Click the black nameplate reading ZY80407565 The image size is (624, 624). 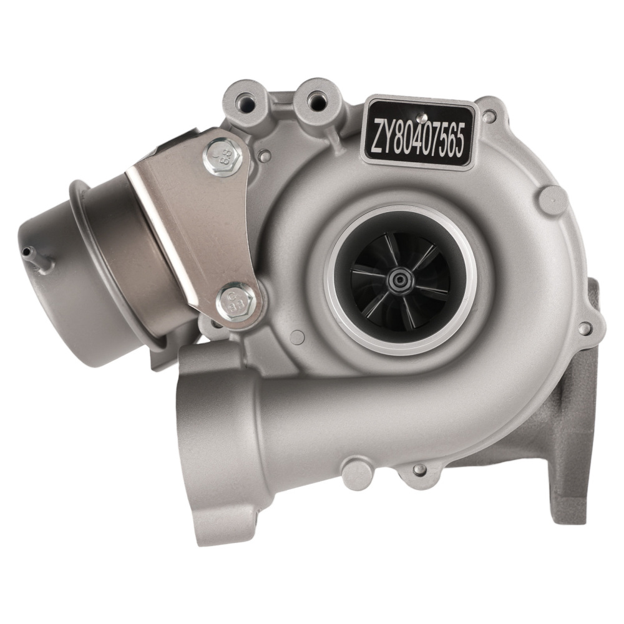[x=419, y=133]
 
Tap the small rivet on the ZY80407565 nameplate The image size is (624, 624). [x=422, y=116]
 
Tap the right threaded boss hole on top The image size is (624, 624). [x=317, y=98]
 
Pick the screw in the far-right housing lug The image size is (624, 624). [x=584, y=327]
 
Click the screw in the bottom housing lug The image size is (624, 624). [x=419, y=469]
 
